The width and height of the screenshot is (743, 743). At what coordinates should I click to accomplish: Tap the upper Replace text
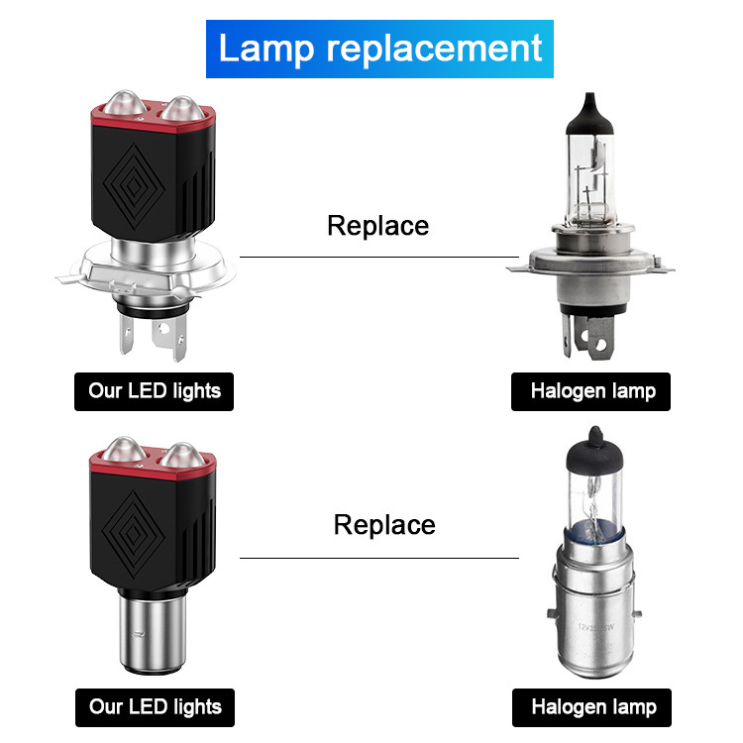[x=377, y=226]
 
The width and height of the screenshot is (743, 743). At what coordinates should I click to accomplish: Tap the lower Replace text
[x=384, y=524]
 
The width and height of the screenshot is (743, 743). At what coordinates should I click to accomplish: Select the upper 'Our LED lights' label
[x=155, y=390]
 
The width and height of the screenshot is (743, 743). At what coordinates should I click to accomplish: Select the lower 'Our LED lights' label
[x=155, y=707]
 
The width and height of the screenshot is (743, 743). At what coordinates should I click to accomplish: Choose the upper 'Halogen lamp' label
[x=592, y=390]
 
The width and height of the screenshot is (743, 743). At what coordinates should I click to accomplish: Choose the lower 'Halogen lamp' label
[x=592, y=707]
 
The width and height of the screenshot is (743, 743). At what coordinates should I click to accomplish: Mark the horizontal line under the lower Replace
[x=378, y=557]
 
